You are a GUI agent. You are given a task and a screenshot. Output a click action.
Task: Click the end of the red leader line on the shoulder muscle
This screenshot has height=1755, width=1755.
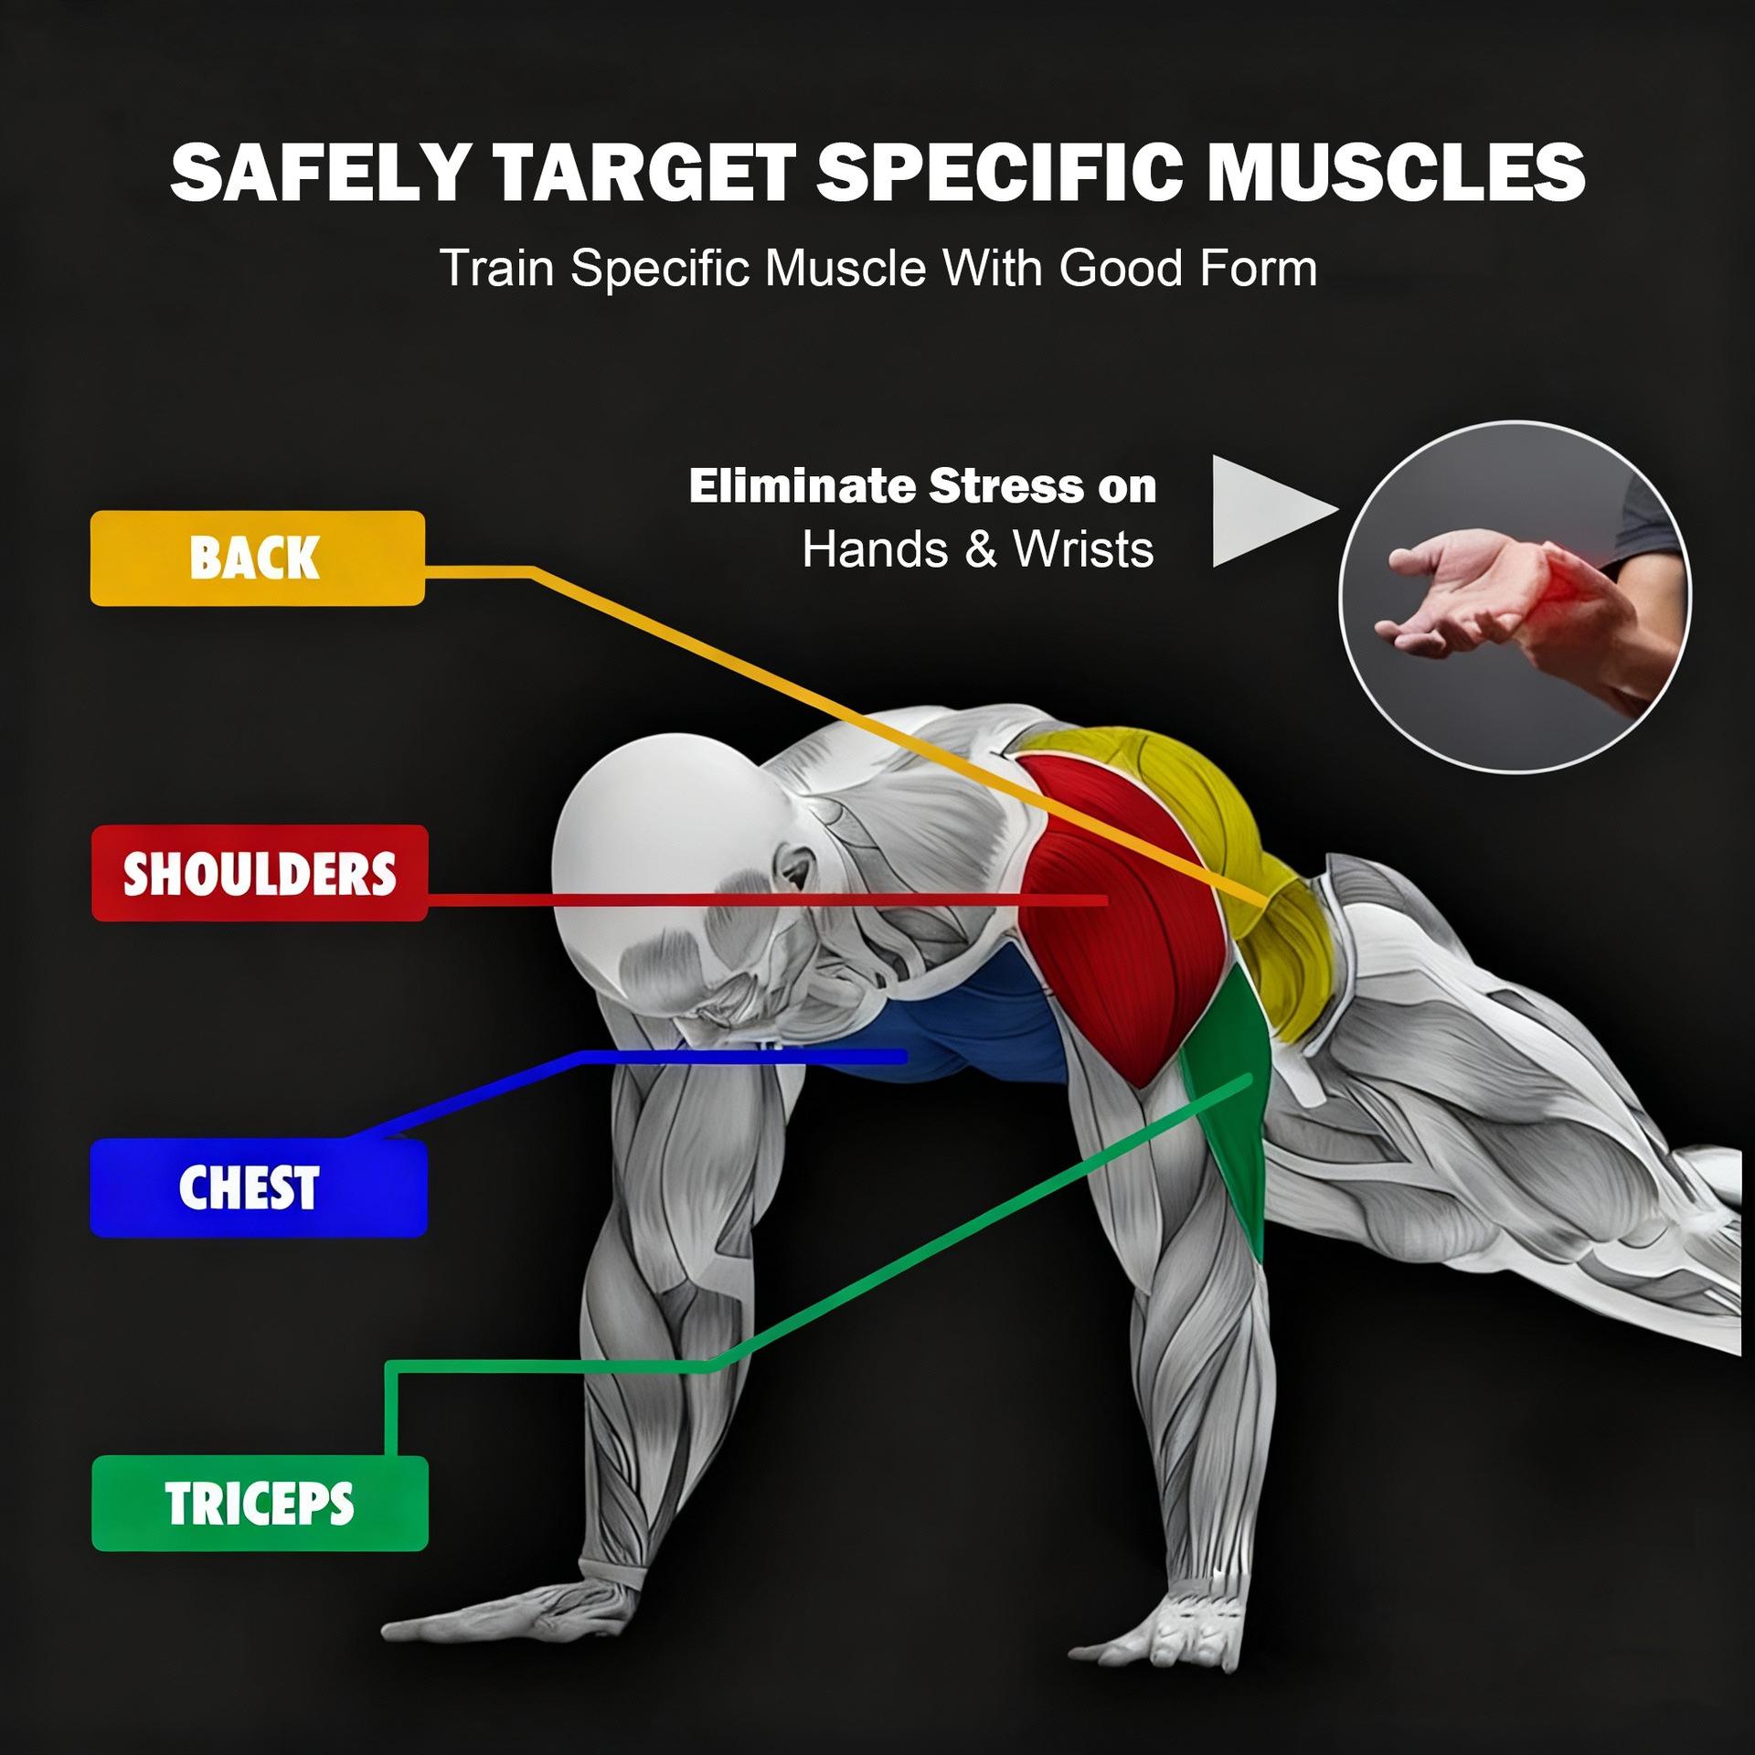click(x=1106, y=900)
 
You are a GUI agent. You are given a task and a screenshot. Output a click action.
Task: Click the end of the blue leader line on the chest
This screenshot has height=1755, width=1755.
click(x=903, y=1057)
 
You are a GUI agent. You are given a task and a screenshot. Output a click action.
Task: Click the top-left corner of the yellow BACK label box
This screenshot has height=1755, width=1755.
click(x=91, y=512)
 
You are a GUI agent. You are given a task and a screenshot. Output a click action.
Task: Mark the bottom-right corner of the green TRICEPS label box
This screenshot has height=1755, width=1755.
click(x=427, y=1549)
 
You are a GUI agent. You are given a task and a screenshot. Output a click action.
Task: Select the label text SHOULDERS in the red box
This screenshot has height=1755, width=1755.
click(x=260, y=873)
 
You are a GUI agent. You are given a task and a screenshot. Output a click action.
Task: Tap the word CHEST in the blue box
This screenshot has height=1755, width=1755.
click(x=249, y=1187)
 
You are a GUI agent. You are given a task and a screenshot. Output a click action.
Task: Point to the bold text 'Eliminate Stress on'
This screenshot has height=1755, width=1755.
click(x=922, y=485)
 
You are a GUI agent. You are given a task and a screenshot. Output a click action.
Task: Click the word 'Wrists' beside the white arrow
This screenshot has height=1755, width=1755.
click(x=1083, y=549)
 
